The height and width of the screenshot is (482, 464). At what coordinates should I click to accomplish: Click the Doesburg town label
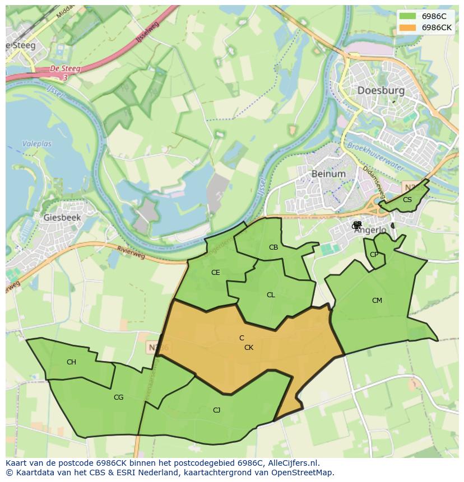[x=381, y=91]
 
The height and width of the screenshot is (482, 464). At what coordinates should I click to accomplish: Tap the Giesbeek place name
[x=62, y=217]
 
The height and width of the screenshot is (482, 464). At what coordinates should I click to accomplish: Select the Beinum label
[x=328, y=174]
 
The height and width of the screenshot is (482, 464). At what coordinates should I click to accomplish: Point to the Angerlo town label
[x=370, y=230]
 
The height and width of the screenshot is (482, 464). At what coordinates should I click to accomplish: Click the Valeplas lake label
[x=36, y=144]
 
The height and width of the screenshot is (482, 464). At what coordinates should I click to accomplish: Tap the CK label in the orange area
[x=249, y=348]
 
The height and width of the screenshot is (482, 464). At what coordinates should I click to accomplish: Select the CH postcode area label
[x=71, y=362]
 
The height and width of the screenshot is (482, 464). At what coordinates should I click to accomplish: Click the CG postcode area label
[x=118, y=397]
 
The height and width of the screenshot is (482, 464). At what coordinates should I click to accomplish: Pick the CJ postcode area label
[x=216, y=410]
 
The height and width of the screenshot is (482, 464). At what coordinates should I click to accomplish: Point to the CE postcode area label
[x=215, y=273]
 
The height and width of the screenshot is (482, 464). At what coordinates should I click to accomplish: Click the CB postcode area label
[x=273, y=247]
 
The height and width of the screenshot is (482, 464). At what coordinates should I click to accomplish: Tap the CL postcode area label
[x=271, y=295]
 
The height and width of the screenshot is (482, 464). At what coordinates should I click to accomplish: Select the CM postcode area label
[x=377, y=301]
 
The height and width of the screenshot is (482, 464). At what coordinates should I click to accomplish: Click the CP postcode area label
[x=374, y=255]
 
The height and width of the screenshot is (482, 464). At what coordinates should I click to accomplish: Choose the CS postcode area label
[x=407, y=200]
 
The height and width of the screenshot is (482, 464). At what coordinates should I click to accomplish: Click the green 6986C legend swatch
[x=408, y=16]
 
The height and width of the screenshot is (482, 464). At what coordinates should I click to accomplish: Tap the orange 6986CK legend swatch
[x=408, y=27]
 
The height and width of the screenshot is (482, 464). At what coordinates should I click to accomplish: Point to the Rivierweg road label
[x=131, y=252]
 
